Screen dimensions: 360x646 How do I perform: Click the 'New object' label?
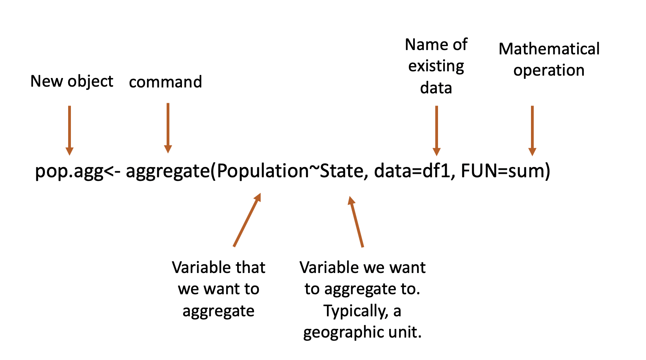pyautogui.click(x=72, y=82)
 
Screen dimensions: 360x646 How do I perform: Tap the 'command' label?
pyautogui.click(x=165, y=82)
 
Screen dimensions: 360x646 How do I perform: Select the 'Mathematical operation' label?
pyautogui.click(x=549, y=59)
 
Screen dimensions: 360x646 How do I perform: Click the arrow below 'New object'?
pyautogui.click(x=70, y=130)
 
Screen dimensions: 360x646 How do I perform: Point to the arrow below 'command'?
pyautogui.click(x=168, y=128)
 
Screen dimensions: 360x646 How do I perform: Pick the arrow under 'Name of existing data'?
pyautogui.click(x=436, y=130)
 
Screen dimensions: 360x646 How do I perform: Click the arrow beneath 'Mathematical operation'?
pyautogui.click(x=532, y=130)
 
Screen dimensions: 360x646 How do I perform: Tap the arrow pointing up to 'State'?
pyautogui.click(x=356, y=221)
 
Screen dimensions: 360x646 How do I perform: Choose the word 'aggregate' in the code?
pyautogui.click(x=167, y=171)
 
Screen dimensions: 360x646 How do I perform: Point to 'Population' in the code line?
pyautogui.click(x=263, y=171)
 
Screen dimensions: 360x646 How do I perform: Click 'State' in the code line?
pyautogui.click(x=341, y=171)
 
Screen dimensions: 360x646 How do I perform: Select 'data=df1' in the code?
pyautogui.click(x=412, y=171)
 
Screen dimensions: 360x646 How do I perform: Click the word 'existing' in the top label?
pyautogui.click(x=436, y=66)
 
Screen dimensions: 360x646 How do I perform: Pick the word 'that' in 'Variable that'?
pyautogui.click(x=250, y=268)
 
